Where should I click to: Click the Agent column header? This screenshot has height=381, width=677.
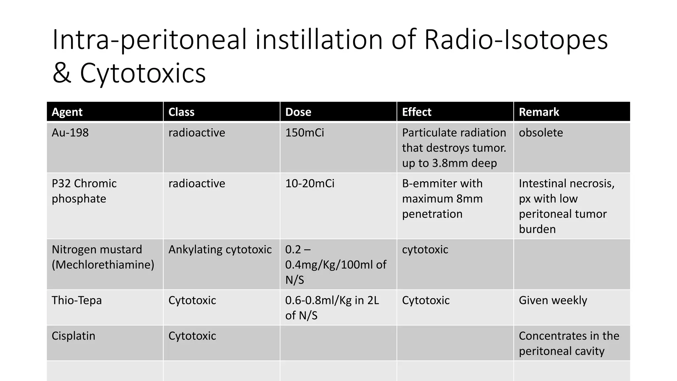pyautogui.click(x=67, y=112)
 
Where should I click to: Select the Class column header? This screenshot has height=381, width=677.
pyautogui.click(x=181, y=112)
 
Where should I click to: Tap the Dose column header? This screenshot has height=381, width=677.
pyautogui.click(x=298, y=112)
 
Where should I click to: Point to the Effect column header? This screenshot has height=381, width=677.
pyautogui.click(x=417, y=112)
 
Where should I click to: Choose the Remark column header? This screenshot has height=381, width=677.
pyautogui.click(x=539, y=112)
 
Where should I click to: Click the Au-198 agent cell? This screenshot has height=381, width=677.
pyautogui.click(x=70, y=133)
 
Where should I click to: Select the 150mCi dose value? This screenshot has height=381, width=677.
pyautogui.click(x=304, y=133)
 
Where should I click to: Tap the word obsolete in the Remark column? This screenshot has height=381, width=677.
pyautogui.click(x=541, y=133)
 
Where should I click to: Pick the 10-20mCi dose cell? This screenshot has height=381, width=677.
pyautogui.click(x=310, y=184)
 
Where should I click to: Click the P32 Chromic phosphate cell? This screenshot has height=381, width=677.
pyautogui.click(x=84, y=191)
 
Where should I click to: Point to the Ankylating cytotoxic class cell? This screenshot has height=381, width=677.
pyautogui.click(x=220, y=249)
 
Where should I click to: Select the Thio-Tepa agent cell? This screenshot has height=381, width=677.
pyautogui.click(x=77, y=300)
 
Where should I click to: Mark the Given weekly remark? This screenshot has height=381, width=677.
pyautogui.click(x=553, y=300)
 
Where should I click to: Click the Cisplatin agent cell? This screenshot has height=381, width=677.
pyautogui.click(x=73, y=336)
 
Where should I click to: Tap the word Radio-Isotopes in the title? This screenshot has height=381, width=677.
pyautogui.click(x=516, y=40)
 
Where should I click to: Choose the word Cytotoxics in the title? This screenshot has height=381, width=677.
pyautogui.click(x=143, y=73)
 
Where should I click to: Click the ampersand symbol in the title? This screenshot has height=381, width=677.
pyautogui.click(x=61, y=73)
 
